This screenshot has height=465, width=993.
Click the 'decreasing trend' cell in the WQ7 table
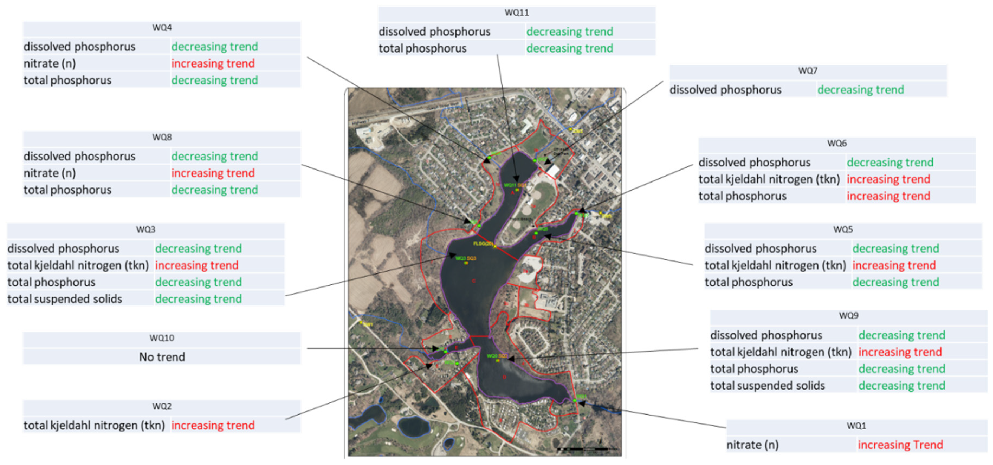click(861, 90)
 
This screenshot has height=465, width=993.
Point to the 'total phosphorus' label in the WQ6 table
click(742, 196)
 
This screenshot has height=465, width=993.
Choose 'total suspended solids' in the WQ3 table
click(65, 299)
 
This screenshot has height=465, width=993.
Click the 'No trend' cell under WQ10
click(162, 357)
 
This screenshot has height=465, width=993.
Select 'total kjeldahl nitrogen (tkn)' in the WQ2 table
click(94, 425)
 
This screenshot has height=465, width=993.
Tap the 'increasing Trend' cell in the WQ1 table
click(900, 445)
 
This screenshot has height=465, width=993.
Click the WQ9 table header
click(848, 316)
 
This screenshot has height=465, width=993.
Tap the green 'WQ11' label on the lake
click(510, 185)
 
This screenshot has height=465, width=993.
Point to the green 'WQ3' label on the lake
click(461, 258)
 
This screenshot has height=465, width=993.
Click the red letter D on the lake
click(504, 377)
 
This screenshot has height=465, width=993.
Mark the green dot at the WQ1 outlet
click(575, 400)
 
